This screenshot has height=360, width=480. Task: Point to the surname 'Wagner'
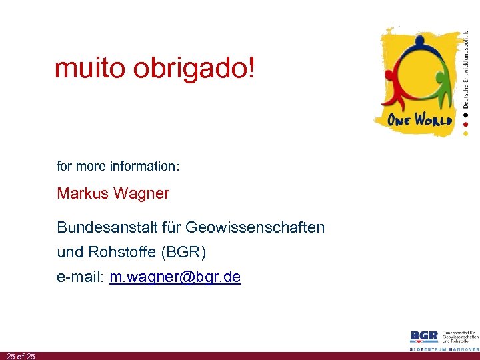141,195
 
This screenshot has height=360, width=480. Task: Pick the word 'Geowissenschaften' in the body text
255,227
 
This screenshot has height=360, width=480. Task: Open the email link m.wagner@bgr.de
175,277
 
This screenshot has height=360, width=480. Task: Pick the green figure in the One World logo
440,87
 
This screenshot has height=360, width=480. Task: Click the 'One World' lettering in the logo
420,121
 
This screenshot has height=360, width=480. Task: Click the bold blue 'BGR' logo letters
424,336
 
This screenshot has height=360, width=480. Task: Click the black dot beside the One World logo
465,115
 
